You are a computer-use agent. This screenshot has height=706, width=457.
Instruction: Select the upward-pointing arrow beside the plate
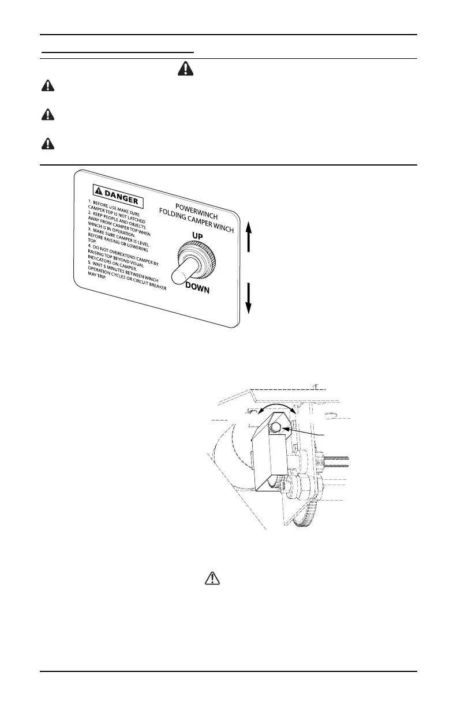point(248,237)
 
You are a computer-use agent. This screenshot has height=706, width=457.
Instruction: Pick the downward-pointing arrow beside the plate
point(248,297)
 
